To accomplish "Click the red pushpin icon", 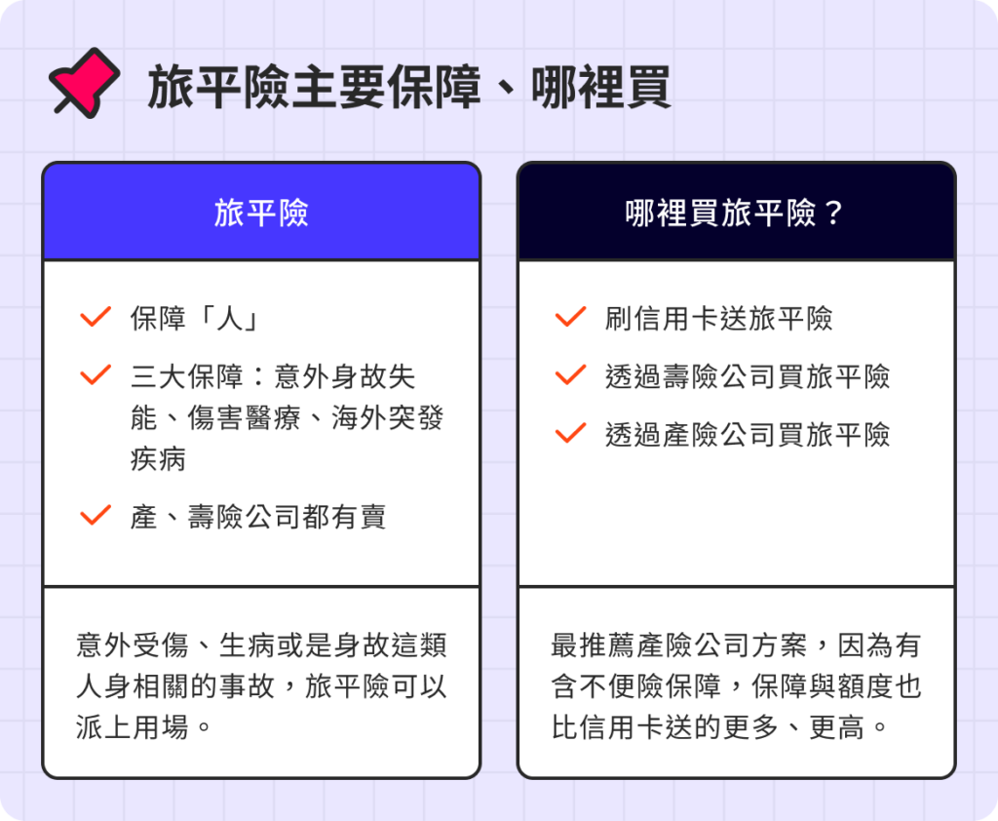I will [x=84, y=83].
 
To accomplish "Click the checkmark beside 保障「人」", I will [x=96, y=318].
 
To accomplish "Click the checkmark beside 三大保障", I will [x=96, y=375].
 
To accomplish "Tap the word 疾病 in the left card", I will [x=158, y=459].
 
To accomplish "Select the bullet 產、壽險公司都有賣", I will [x=258, y=517].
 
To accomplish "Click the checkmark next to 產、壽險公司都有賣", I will [x=96, y=516].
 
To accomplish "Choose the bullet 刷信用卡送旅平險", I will [x=718, y=319].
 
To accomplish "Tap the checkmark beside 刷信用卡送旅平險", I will [x=570, y=318].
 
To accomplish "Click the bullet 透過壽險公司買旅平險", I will [x=747, y=376].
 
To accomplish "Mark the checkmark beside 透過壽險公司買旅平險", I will [x=570, y=375].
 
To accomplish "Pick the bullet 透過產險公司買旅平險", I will [x=747, y=434].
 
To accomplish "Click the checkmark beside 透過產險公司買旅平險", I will [x=570, y=433].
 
